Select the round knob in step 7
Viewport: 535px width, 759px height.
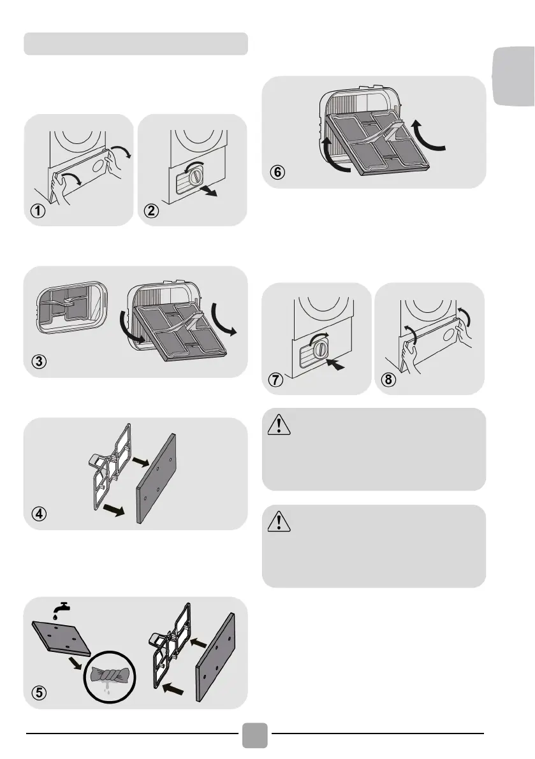coord(323,349)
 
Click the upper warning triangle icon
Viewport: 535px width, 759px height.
coord(278,426)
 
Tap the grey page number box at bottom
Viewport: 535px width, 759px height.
coord(256,735)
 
